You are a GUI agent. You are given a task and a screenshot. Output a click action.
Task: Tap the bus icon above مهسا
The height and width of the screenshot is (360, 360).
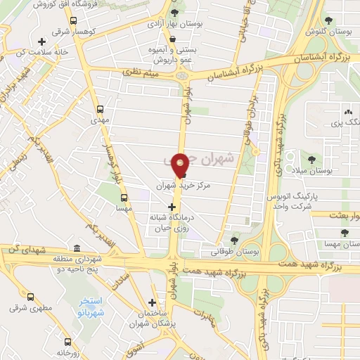coord(122,189)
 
